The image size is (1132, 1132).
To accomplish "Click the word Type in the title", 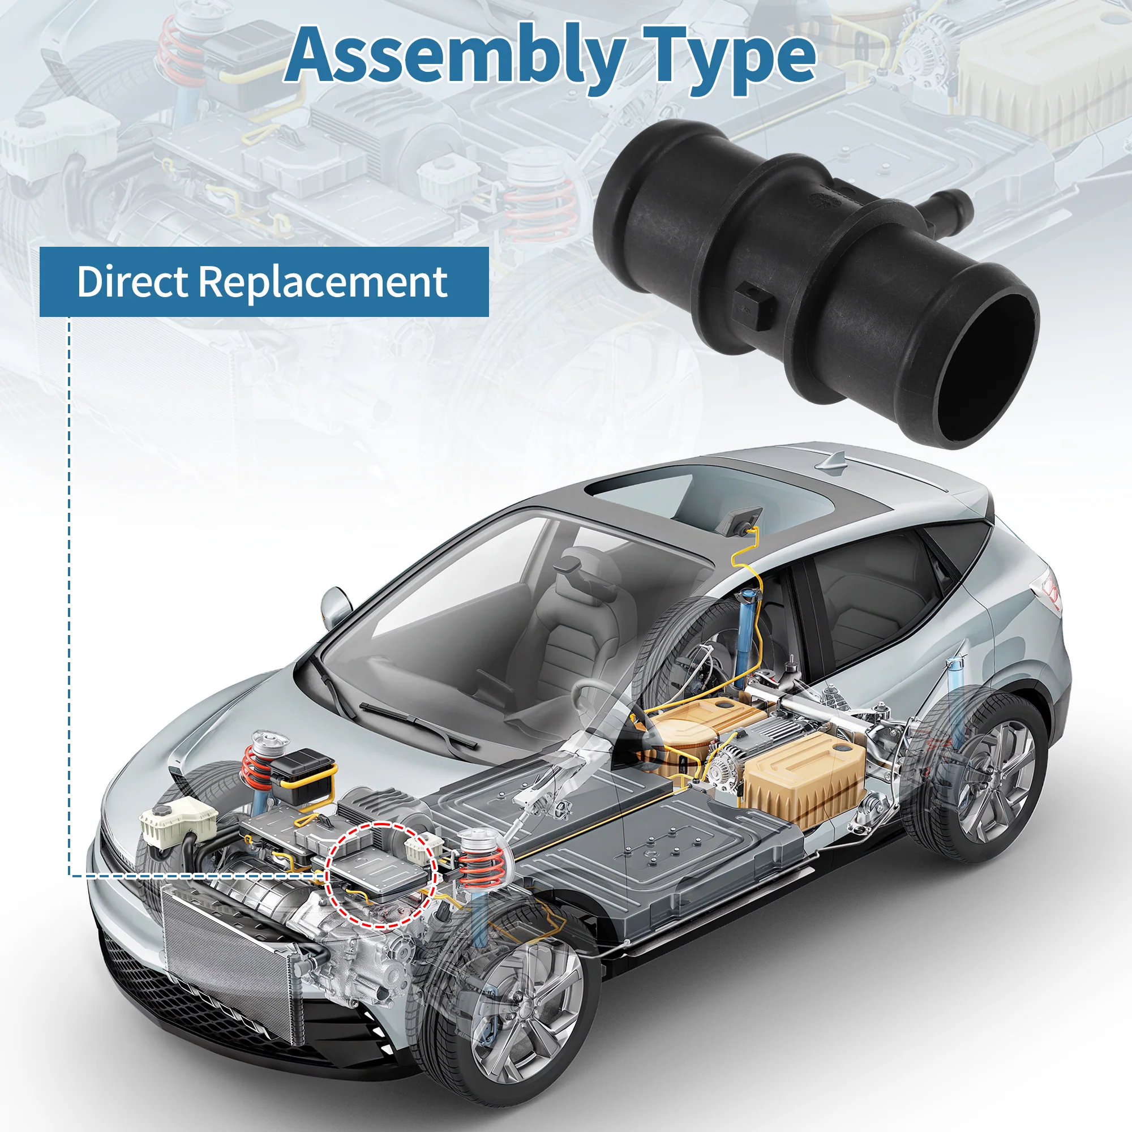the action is (x=730, y=59).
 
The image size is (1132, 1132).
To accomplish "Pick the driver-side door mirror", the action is (x=336, y=606).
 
